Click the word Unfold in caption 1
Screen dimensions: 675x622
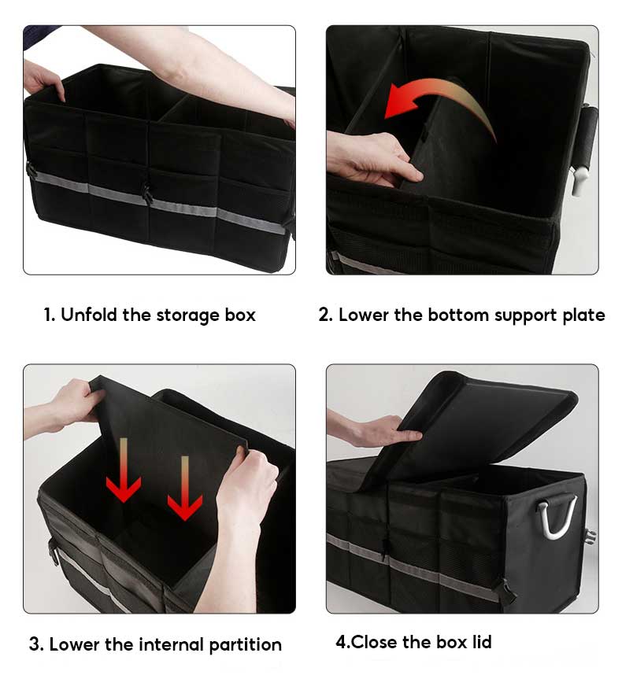(89, 315)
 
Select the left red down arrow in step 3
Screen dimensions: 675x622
(124, 472)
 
